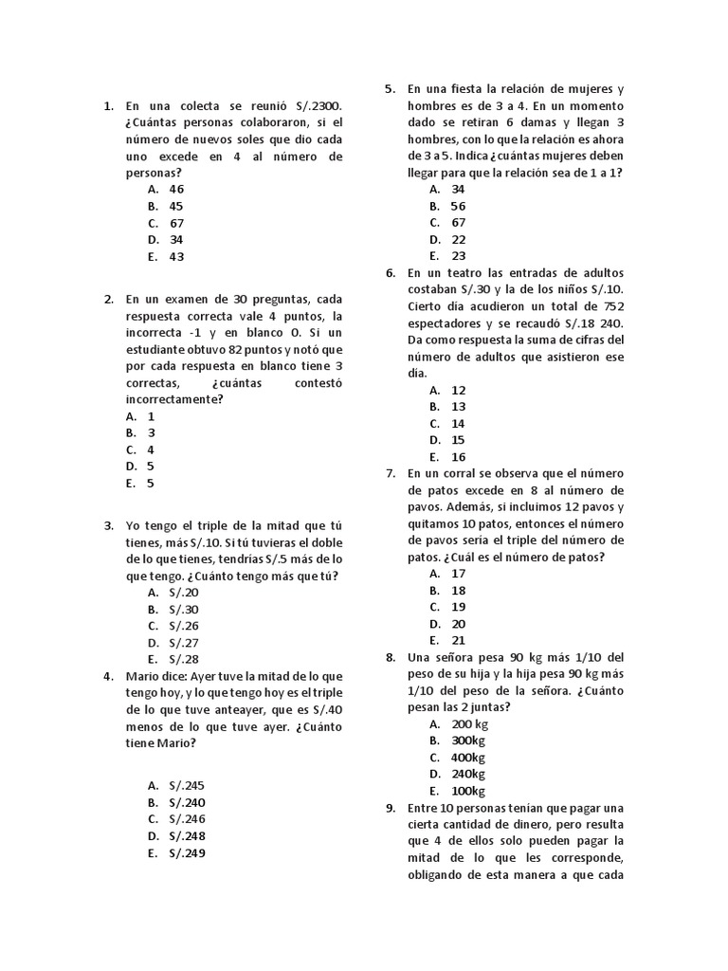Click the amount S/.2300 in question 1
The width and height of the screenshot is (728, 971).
pos(317,106)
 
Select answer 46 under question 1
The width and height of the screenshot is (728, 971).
pos(176,189)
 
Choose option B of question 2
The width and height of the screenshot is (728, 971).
pos(150,432)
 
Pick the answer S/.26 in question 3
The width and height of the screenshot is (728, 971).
pos(184,626)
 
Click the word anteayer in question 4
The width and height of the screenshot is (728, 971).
pos(242,710)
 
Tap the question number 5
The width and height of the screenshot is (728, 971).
pos(390,89)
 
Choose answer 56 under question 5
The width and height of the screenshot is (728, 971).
pos(458,206)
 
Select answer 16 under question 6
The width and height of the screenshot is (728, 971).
pos(458,457)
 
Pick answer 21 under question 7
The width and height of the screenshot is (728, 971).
pos(458,641)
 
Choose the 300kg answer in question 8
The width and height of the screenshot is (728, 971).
pos(467,741)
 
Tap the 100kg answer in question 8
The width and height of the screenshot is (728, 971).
pos(467,791)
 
